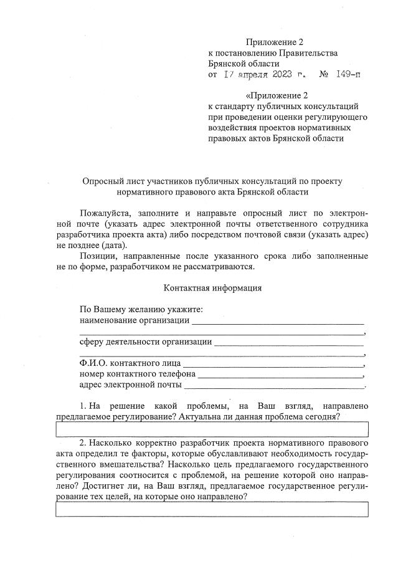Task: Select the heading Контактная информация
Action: (x=212, y=288)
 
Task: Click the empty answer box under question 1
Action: (x=212, y=429)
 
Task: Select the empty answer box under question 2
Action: (x=212, y=510)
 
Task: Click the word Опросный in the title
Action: (x=103, y=181)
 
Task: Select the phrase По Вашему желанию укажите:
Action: (x=142, y=310)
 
